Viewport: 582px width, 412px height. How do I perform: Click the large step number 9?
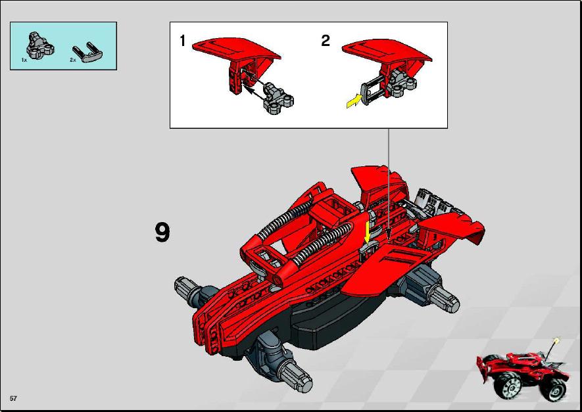pyautogui.click(x=162, y=232)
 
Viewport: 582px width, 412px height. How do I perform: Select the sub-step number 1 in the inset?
pyautogui.click(x=182, y=41)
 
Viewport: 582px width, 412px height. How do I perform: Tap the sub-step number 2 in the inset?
pyautogui.click(x=325, y=41)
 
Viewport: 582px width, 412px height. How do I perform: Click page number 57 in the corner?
pyautogui.click(x=13, y=399)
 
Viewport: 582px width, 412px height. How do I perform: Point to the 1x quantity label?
pyautogui.click(x=24, y=60)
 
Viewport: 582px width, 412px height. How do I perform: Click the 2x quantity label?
pyautogui.click(x=73, y=60)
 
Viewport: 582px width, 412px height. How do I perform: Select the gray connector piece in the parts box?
pyautogui.click(x=40, y=45)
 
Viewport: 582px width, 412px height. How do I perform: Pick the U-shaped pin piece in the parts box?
pyautogui.click(x=88, y=53)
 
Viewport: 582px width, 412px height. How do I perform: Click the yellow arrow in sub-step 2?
pyautogui.click(x=354, y=101)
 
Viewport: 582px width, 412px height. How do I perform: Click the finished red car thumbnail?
pyautogui.click(x=523, y=375)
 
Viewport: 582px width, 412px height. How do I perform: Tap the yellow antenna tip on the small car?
pyautogui.click(x=556, y=340)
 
